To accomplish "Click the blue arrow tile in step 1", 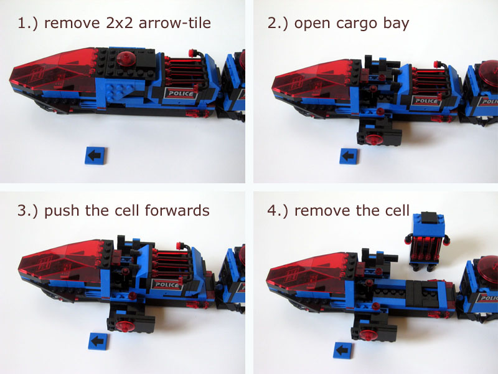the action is point(96,155).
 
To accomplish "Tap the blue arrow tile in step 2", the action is point(349,156).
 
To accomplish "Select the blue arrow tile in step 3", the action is point(98,341).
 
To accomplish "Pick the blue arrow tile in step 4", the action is point(343,350).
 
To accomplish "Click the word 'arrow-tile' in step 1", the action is point(175,23).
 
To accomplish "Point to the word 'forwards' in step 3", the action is point(177,211).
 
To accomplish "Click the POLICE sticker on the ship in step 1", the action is point(180,93).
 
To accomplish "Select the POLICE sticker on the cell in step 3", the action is point(167,284).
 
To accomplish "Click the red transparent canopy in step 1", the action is point(54,70).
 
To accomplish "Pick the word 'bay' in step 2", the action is point(396,24).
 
